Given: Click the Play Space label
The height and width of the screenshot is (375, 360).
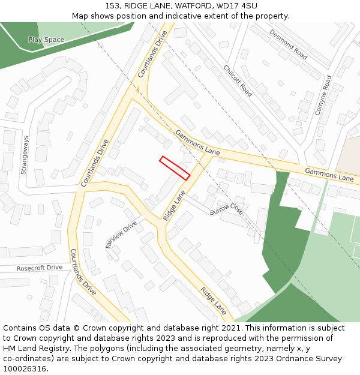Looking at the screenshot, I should click(x=46, y=40).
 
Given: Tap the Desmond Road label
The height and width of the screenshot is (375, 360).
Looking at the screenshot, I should click(x=288, y=44).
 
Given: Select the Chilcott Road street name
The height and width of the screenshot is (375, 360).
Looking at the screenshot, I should click(x=238, y=81).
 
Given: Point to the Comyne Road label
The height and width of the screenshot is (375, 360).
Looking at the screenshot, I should click(x=323, y=95).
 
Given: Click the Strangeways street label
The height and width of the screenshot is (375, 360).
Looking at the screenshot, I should click(x=25, y=155).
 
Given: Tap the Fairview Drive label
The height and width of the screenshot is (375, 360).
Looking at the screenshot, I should click(x=121, y=234).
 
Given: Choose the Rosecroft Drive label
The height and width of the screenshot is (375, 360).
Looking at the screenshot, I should click(x=40, y=268).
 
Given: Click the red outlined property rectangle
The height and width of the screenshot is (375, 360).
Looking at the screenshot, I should click(x=175, y=168).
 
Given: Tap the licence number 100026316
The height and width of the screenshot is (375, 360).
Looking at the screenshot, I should click(x=24, y=368).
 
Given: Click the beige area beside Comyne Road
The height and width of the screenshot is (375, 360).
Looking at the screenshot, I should click(x=347, y=155).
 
